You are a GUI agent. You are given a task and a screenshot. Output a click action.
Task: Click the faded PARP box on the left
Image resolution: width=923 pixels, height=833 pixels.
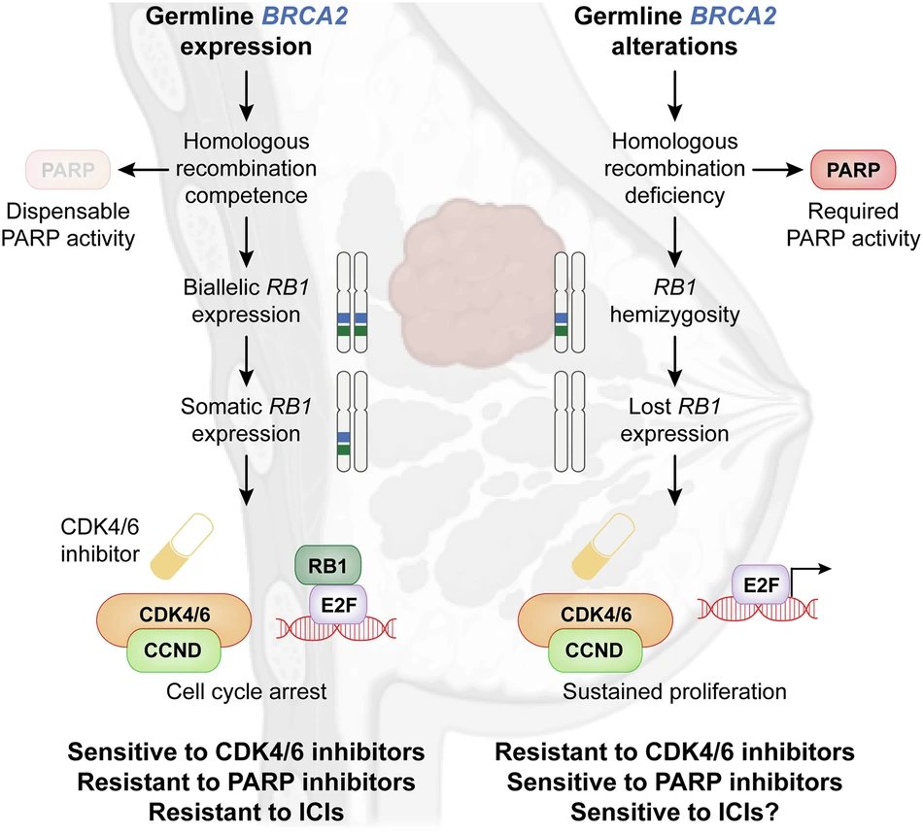[x=68, y=170]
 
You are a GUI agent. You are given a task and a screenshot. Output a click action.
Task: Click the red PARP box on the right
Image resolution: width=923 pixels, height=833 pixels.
[x=854, y=170]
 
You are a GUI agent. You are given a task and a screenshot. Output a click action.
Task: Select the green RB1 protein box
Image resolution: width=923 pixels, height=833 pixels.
[x=327, y=566]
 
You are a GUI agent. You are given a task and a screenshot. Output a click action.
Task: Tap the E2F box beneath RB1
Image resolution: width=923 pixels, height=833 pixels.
[x=339, y=604]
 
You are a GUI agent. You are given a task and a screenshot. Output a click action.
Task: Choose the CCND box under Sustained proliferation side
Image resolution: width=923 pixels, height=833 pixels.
[x=594, y=650]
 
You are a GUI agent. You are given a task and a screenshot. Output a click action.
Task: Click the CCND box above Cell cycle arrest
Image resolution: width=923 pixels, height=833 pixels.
[x=173, y=650]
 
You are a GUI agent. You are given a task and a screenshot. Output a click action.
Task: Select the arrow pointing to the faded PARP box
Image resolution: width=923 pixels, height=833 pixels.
[x=143, y=170]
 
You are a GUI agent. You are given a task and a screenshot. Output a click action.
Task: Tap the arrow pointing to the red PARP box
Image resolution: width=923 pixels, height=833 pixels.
[x=778, y=170]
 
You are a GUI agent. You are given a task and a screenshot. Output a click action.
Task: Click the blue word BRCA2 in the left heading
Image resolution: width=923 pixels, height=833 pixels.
[x=305, y=16]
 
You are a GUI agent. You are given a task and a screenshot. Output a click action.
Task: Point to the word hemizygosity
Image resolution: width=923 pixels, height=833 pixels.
[x=674, y=315]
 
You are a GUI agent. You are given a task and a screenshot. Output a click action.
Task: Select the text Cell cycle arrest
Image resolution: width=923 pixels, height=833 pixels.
[x=246, y=691]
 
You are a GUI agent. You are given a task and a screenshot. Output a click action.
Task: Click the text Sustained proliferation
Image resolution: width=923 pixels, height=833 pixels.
[x=674, y=691]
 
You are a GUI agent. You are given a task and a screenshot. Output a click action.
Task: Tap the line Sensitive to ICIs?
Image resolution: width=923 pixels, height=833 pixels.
[x=674, y=813]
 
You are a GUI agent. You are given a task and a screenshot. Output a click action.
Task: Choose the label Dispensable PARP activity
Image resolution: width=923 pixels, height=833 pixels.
[x=68, y=224]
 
